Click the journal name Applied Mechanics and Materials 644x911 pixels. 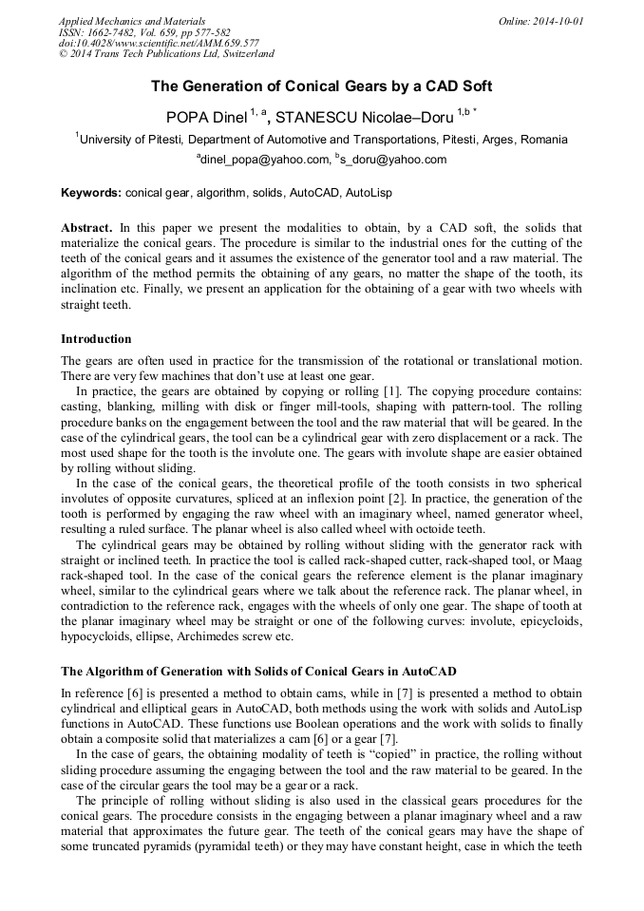click(x=132, y=20)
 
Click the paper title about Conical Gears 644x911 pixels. click(x=322, y=86)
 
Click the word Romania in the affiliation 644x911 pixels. click(x=543, y=139)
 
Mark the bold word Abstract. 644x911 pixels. click(x=87, y=229)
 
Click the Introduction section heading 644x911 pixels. click(x=96, y=338)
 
